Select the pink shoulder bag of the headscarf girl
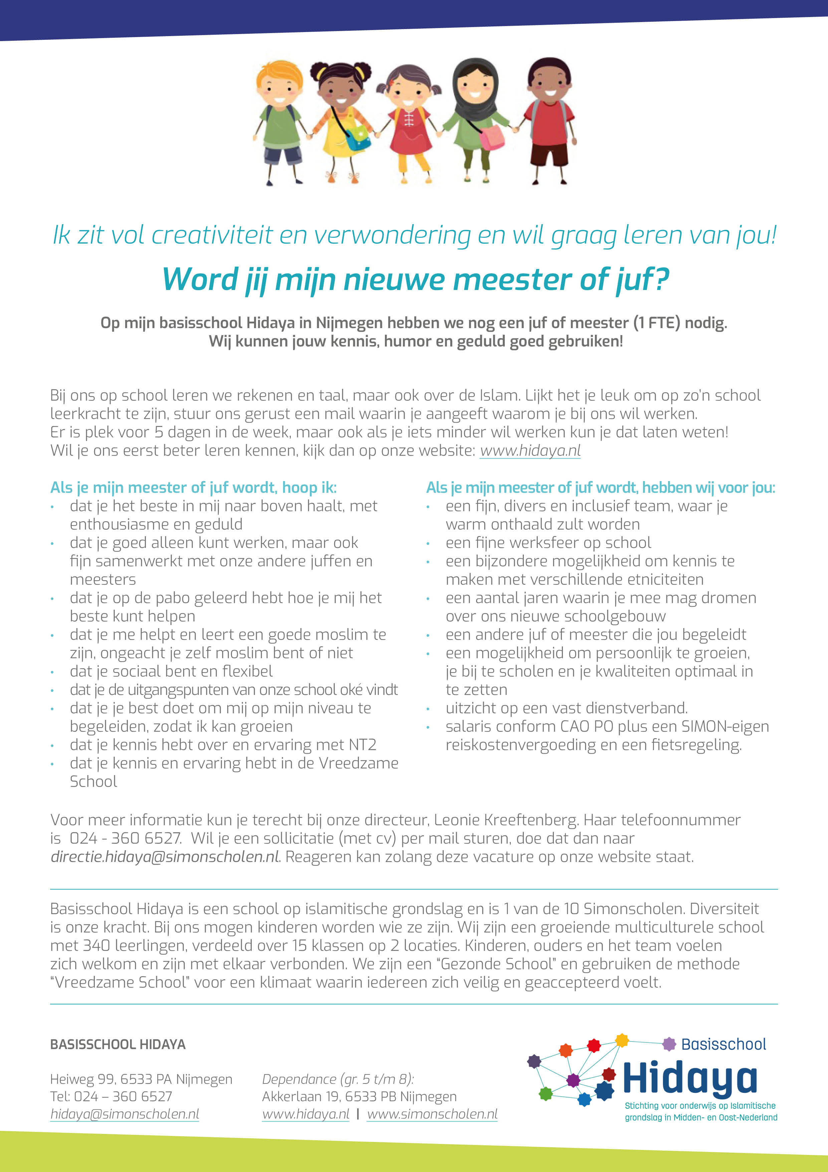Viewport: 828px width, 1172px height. pos(492,137)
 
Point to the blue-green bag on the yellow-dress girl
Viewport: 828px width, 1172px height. pos(359,137)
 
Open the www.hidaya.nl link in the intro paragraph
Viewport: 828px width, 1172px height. pos(530,451)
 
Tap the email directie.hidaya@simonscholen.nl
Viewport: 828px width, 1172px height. pos(165,857)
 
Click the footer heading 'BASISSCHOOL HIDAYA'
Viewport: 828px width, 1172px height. pos(118,1044)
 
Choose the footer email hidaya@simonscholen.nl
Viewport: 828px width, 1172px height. pos(125,1114)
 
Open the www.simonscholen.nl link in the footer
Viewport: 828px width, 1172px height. pos(432,1114)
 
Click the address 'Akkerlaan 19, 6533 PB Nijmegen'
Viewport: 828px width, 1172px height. pos(359,1096)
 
